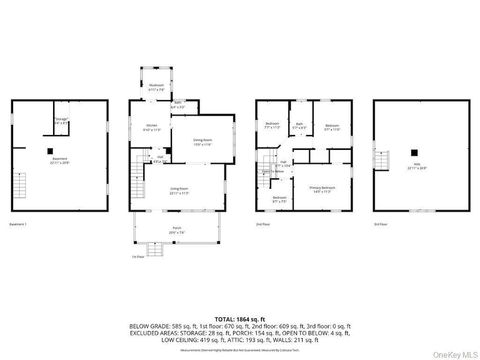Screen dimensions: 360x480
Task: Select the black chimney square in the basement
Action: (x=50, y=150)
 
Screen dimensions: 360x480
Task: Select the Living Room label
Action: (x=179, y=190)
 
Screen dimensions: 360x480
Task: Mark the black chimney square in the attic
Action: (x=415, y=152)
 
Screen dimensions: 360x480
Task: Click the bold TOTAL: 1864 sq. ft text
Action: (x=240, y=318)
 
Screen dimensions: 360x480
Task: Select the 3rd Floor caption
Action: (x=380, y=224)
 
